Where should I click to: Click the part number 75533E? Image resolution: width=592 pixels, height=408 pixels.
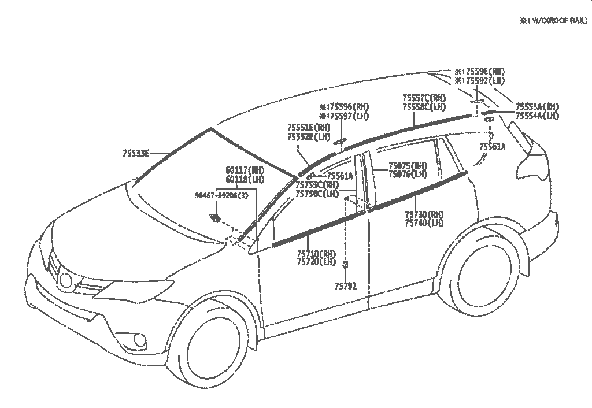[136, 153]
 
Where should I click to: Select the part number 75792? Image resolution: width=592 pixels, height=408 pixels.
[345, 285]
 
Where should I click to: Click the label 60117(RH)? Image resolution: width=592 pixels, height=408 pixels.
[245, 170]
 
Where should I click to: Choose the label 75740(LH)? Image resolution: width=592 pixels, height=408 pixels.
[424, 222]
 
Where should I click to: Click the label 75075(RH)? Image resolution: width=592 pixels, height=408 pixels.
[408, 165]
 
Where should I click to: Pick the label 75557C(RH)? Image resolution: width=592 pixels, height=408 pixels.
[424, 98]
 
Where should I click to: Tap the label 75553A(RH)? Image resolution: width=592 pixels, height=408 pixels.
[537, 107]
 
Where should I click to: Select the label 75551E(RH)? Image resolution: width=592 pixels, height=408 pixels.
[309, 128]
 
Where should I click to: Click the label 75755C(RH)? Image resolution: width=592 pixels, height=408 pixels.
[317, 186]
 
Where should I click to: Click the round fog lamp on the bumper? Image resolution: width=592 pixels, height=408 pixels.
[139, 341]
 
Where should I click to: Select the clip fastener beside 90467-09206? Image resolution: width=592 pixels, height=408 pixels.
[216, 218]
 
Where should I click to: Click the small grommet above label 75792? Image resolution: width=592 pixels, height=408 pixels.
[345, 265]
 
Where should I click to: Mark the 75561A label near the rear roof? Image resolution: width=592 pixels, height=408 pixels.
[492, 147]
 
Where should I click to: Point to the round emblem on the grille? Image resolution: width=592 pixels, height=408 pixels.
[66, 281]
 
